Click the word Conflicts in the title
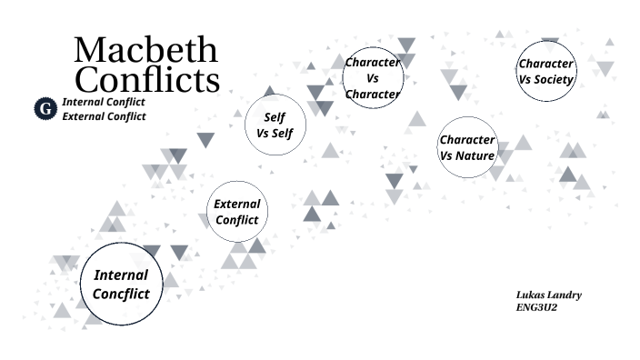click(x=147, y=78)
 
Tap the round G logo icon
click(x=45, y=109)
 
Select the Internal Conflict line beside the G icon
click(x=104, y=102)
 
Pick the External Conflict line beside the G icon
click(x=104, y=116)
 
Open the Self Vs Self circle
click(x=275, y=125)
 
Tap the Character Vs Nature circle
click(x=467, y=147)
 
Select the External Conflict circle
click(x=237, y=212)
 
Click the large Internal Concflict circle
click(x=121, y=284)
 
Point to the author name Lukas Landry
click(x=548, y=295)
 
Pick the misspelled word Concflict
click(x=121, y=294)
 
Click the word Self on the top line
click(x=275, y=117)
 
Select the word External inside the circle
click(x=237, y=204)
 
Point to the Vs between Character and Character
click(x=373, y=78)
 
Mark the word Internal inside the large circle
click(x=121, y=275)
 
